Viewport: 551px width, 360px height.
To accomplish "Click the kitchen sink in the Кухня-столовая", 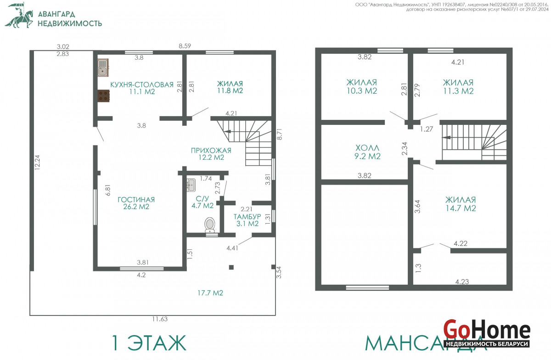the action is pos(103,67).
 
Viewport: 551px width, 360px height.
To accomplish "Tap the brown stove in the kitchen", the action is pos(104,96).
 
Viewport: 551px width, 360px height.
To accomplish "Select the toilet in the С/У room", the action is pos(210,225).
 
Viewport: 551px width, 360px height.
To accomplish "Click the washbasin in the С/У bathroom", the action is pos(191,185).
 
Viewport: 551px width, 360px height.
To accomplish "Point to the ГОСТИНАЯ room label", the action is pos(136,200).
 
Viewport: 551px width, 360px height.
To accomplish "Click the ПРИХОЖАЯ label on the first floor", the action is pos(211,150).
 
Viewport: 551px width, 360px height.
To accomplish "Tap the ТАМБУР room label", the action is pos(247,217).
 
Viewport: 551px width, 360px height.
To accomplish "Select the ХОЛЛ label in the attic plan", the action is pos(367,148).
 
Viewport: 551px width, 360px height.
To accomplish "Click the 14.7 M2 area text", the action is pos(461,208).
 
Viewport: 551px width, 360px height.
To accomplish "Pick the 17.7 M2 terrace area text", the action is pos(210,293).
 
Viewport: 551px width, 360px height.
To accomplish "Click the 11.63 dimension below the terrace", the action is pos(160,319).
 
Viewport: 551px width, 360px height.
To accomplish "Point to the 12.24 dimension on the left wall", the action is pos(37,163).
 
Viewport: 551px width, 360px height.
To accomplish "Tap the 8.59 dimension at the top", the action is pos(185,46).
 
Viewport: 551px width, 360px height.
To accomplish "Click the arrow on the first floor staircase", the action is pos(227,131).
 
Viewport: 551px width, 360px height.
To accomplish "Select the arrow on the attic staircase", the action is pos(447,137).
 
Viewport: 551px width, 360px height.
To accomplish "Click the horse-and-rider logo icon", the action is pos(19,15).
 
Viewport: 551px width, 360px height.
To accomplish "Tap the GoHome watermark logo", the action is pos(487,333).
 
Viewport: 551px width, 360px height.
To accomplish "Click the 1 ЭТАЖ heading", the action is pos(149,343).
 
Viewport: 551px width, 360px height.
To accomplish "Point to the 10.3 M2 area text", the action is pos(362,91).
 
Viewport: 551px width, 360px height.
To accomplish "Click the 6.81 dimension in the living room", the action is pos(108,190).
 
